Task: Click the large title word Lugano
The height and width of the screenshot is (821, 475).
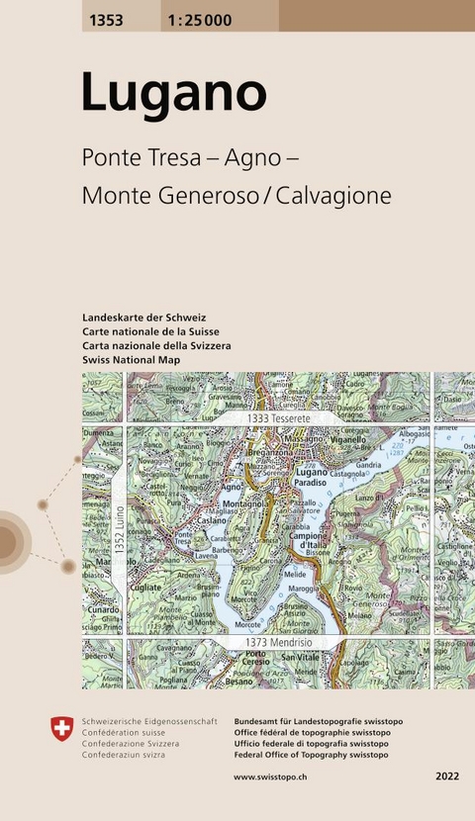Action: tap(173, 93)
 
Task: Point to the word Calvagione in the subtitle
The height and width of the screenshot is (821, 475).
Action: tap(333, 196)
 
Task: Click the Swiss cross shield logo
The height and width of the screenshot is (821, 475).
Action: tap(62, 730)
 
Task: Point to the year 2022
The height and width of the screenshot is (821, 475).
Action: tap(446, 777)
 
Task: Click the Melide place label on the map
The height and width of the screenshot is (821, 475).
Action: tap(295, 574)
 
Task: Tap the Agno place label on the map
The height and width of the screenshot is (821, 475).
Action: tap(233, 488)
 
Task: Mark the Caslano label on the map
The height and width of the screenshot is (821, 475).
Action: tap(212, 519)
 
